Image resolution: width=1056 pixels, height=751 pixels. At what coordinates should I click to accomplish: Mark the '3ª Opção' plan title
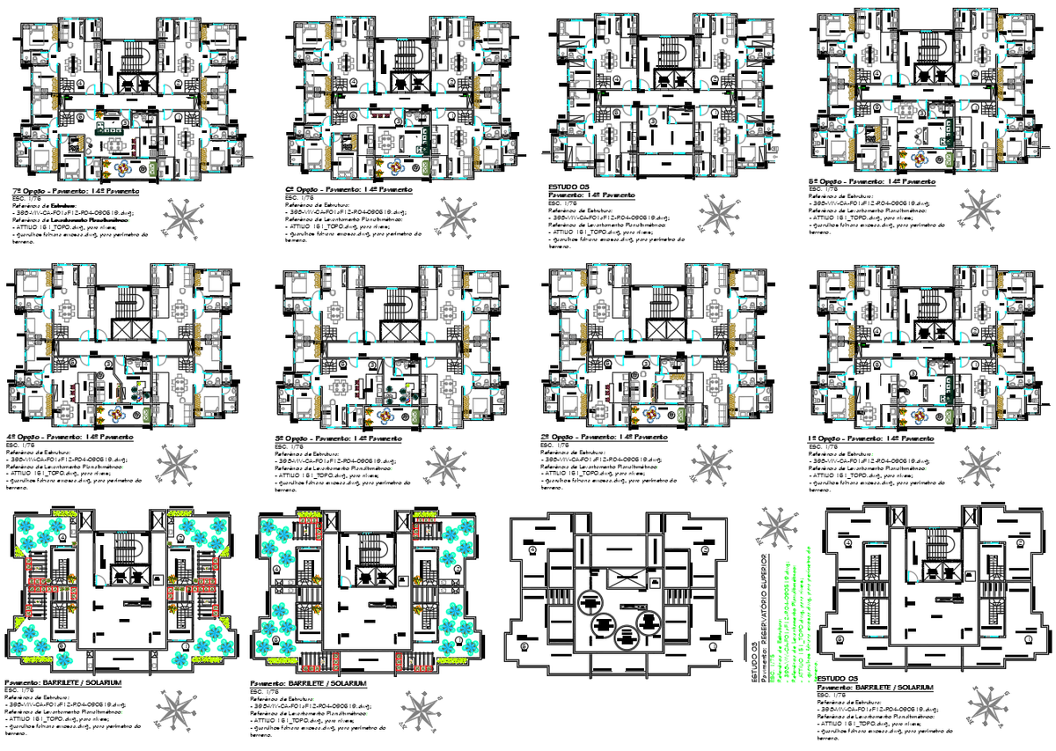coord(339,438)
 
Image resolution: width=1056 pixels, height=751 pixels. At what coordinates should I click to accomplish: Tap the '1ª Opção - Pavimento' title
coord(871,438)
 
